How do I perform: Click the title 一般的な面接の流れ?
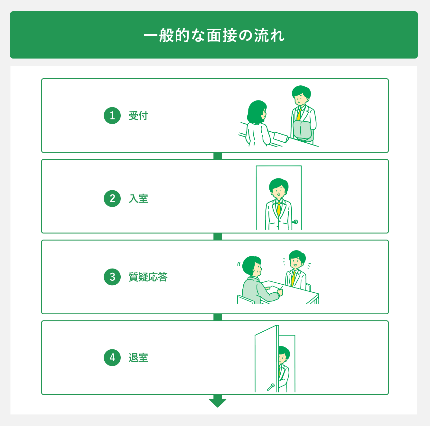(x=214, y=35)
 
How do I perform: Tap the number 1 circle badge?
(x=112, y=116)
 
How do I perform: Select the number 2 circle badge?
(x=112, y=198)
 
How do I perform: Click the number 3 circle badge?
(x=112, y=277)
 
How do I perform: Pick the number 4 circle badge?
(x=112, y=357)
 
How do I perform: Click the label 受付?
(x=138, y=116)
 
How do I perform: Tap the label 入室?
(x=138, y=198)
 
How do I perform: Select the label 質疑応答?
(x=148, y=277)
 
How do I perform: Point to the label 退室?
(x=138, y=357)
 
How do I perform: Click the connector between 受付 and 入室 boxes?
(x=218, y=156)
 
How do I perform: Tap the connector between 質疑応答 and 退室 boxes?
(x=218, y=317)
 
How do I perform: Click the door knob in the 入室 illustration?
(x=295, y=222)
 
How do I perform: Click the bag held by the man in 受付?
(x=303, y=130)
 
